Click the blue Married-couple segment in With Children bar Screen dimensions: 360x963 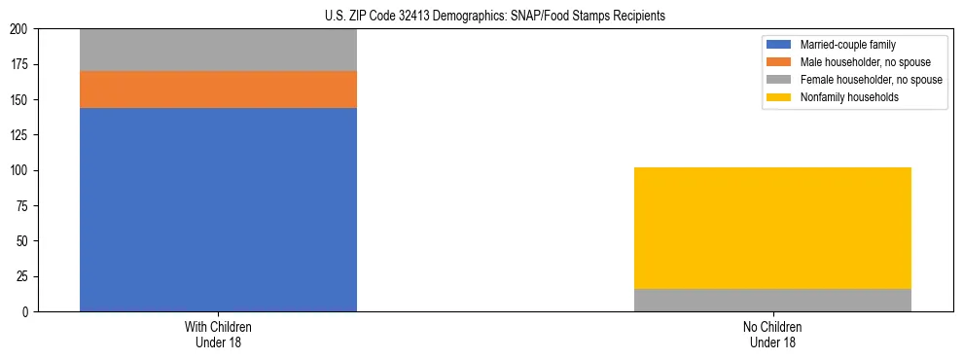tap(218, 209)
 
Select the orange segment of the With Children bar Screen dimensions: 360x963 tap(218, 90)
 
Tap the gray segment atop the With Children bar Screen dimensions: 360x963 tap(218, 50)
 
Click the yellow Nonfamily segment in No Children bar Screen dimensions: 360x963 tap(772, 228)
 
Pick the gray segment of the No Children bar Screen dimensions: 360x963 tap(772, 300)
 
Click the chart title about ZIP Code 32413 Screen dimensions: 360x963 tap(495, 16)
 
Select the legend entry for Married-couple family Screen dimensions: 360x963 tap(845, 45)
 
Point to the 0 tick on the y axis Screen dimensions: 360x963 tap(29, 311)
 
